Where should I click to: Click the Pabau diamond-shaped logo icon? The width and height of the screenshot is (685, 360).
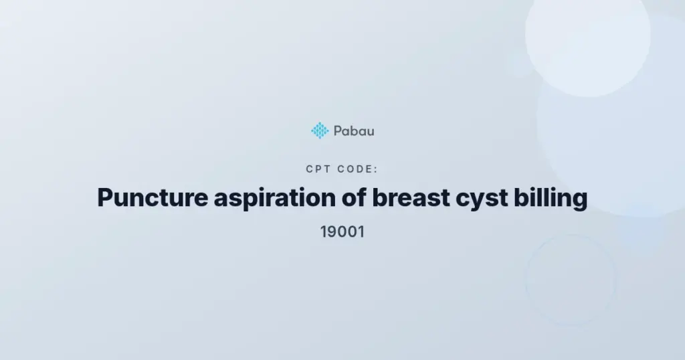[320, 130]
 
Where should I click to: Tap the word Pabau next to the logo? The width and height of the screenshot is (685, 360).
[354, 131]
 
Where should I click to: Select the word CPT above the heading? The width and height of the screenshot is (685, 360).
[318, 169]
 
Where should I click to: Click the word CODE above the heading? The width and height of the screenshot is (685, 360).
[356, 169]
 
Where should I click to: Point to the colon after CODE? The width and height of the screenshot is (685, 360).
[376, 169]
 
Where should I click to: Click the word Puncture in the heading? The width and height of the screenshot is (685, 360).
[153, 197]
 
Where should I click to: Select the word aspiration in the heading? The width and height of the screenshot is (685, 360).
[275, 198]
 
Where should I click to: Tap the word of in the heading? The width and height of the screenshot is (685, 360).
[354, 197]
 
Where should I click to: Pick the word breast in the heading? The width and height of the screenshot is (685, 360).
[411, 197]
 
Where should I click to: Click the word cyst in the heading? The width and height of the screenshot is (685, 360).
[482, 199]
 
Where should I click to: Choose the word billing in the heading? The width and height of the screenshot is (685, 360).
[551, 198]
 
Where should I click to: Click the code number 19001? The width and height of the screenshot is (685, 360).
[342, 232]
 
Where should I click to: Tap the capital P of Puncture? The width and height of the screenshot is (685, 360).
[105, 197]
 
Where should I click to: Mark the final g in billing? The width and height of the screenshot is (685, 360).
[580, 201]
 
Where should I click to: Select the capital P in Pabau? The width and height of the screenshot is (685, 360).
[338, 131]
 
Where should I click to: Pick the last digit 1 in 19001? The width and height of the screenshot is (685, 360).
[361, 232]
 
